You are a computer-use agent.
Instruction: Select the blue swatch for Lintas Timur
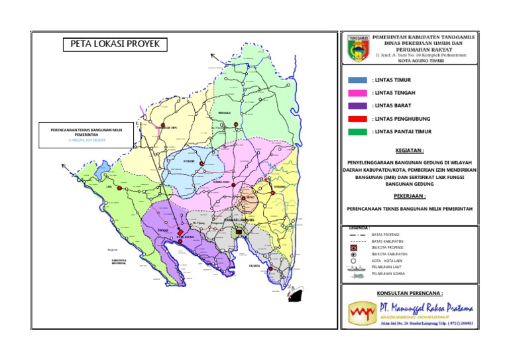pos(357,80)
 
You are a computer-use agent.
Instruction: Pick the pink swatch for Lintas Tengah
pos(357,93)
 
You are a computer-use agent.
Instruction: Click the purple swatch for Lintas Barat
pos(357,106)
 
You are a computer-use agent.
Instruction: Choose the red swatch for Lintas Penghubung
pos(357,119)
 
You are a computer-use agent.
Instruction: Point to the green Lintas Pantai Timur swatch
pos(357,132)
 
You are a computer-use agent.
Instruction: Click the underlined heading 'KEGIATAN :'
pos(409,150)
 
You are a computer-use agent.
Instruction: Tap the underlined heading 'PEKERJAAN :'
pos(409,196)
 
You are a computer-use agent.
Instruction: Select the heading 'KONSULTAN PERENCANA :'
pos(409,292)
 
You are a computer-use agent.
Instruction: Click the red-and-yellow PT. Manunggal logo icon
pos(361,310)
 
